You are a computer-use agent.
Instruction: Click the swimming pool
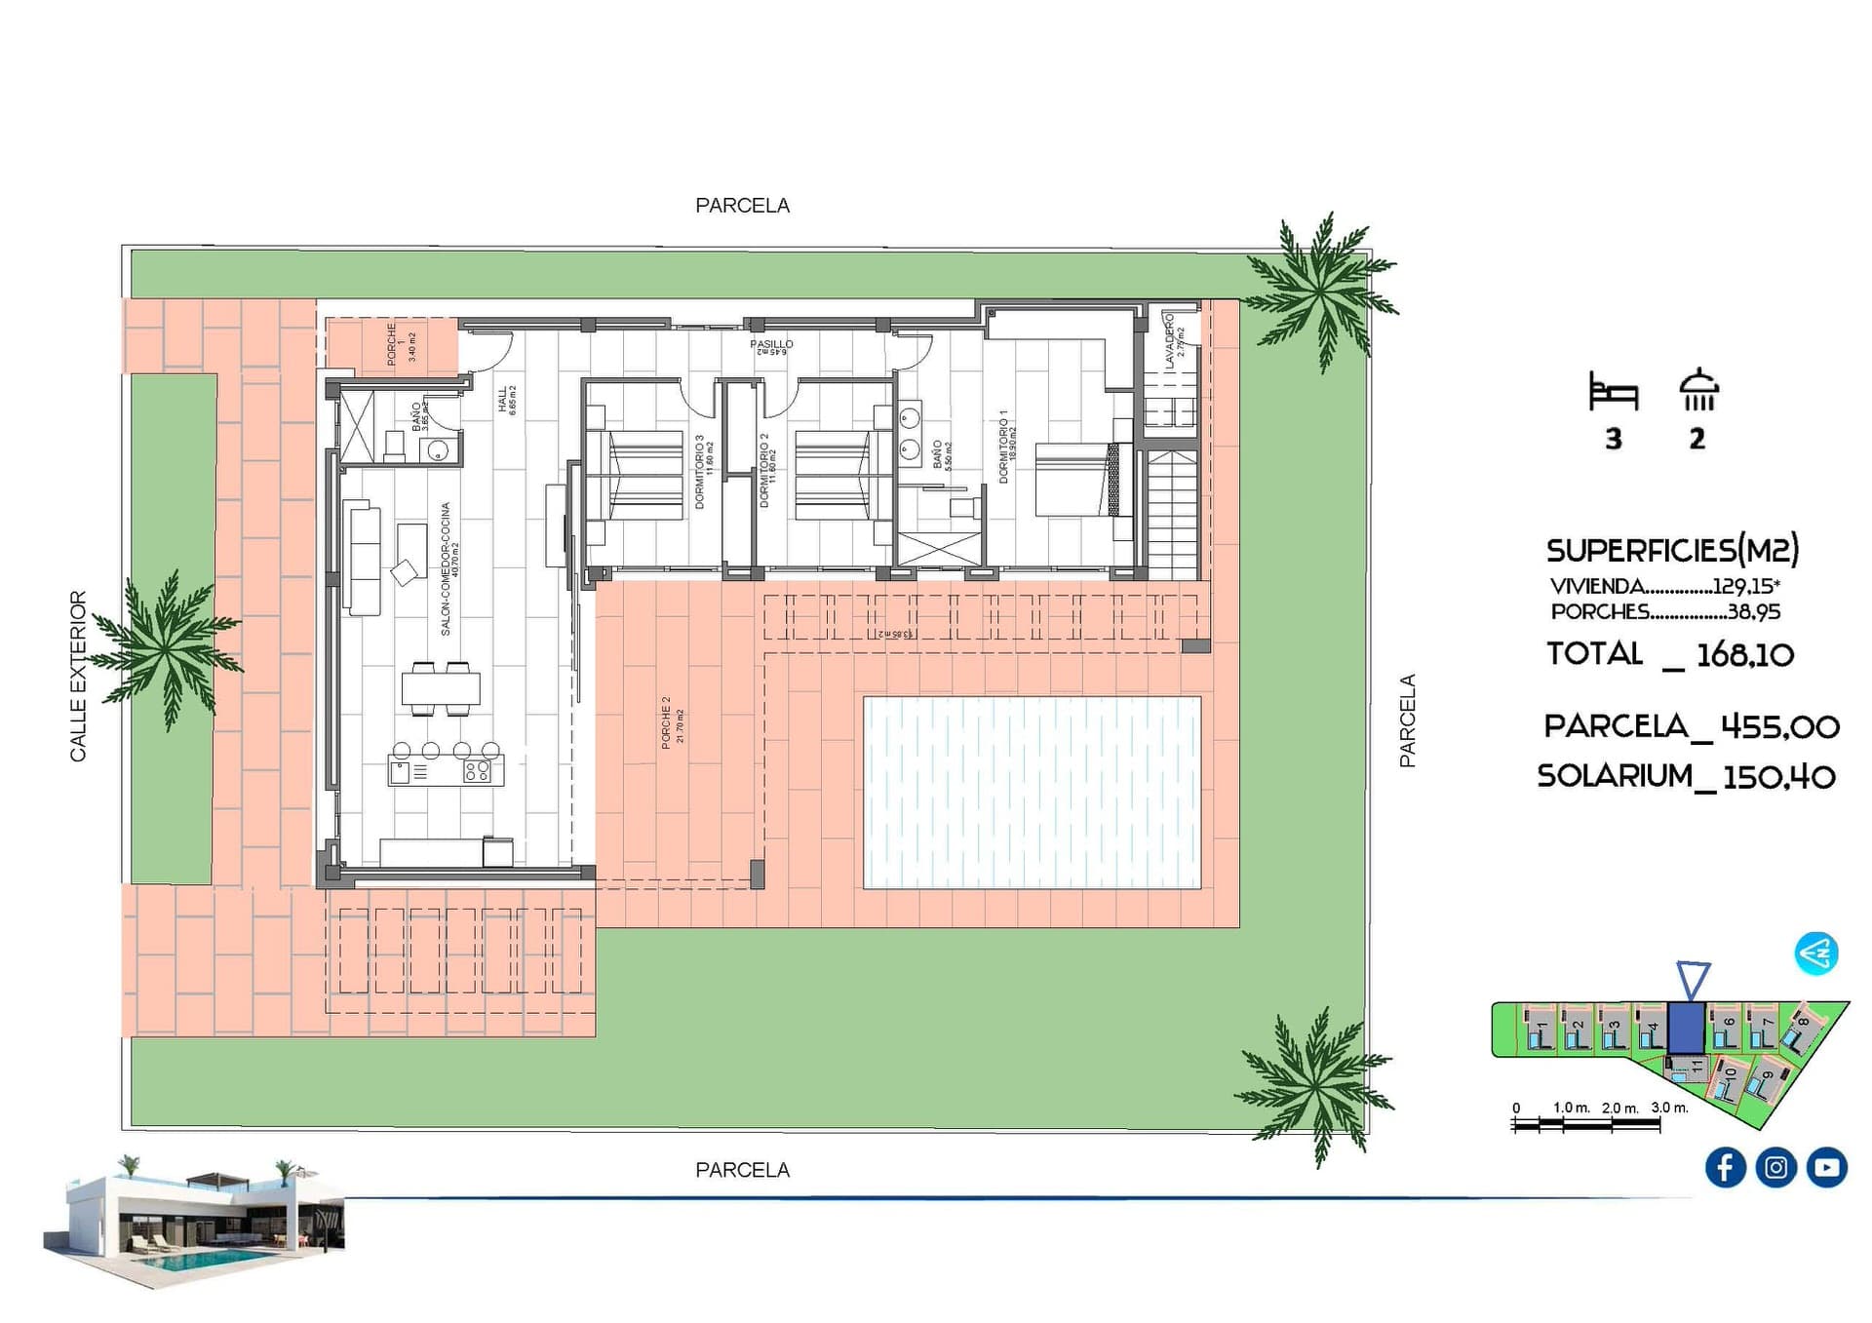(1032, 792)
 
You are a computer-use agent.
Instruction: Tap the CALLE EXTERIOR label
(78, 676)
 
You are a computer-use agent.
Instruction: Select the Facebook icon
(1725, 1167)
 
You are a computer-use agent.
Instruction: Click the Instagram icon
(1775, 1167)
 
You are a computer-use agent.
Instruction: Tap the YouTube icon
(1826, 1167)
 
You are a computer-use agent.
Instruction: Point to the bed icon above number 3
(1613, 392)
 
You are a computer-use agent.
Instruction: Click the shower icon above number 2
(1698, 390)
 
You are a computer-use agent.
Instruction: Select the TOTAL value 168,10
(1744, 655)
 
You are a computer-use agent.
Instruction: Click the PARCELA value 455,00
(1779, 726)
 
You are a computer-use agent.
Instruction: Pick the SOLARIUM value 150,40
(1778, 777)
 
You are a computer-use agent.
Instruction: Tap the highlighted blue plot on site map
(1686, 1027)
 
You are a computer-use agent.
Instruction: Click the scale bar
(1585, 1124)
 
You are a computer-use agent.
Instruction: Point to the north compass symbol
(1816, 953)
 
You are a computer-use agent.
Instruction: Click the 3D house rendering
(195, 1224)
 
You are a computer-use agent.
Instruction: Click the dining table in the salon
(441, 688)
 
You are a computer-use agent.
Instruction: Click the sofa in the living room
(364, 559)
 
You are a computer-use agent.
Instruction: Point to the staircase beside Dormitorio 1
(1171, 514)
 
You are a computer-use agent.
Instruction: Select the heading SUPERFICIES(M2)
(1671, 551)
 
